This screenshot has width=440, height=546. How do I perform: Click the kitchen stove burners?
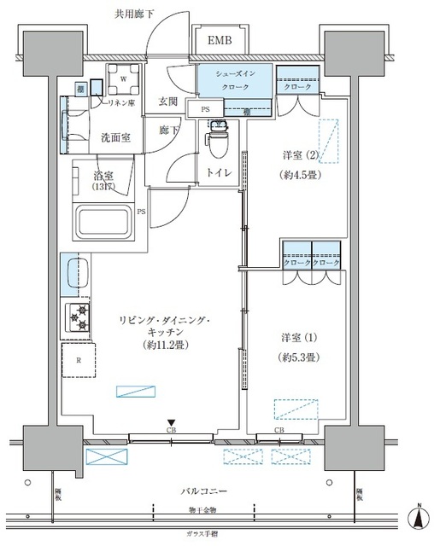tap(79, 317)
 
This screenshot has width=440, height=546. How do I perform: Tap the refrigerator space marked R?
tap(79, 360)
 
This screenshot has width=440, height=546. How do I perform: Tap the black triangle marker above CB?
tap(172, 421)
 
